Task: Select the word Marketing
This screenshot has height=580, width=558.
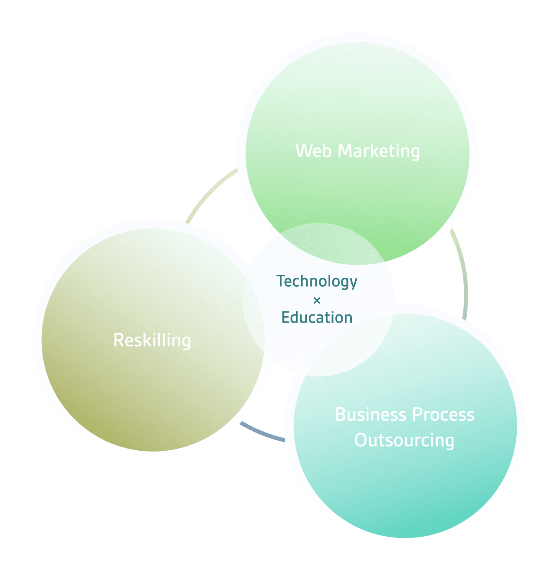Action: (x=379, y=151)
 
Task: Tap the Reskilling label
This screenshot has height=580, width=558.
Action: (x=152, y=340)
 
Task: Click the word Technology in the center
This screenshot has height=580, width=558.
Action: (x=317, y=281)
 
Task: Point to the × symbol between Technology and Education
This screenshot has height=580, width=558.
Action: (x=317, y=300)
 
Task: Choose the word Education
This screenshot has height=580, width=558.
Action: (x=317, y=318)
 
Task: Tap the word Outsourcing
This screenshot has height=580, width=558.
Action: (x=404, y=440)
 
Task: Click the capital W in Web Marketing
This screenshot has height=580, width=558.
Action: (x=303, y=151)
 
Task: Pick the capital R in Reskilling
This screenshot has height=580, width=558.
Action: (x=118, y=340)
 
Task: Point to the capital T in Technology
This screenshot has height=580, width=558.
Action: (x=281, y=281)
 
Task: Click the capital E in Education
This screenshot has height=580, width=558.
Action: (x=285, y=318)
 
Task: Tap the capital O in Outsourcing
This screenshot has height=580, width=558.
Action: (x=360, y=440)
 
